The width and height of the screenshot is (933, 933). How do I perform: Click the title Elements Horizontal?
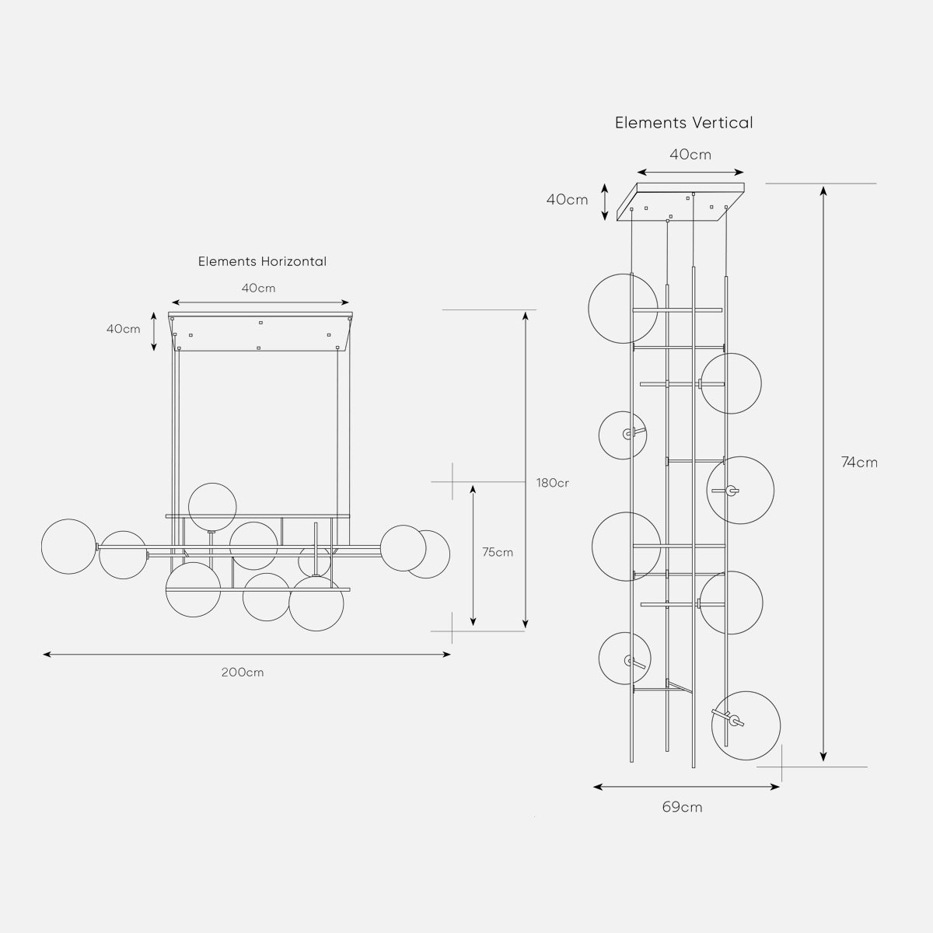[262, 261]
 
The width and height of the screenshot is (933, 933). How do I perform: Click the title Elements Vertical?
[683, 123]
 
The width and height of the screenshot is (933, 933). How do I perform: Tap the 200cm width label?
[242, 672]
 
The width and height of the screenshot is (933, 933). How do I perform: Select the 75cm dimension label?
[497, 553]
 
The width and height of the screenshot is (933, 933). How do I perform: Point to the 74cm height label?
[859, 462]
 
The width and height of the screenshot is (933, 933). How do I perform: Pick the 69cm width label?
[682, 807]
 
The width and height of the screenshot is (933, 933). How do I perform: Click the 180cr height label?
[552, 483]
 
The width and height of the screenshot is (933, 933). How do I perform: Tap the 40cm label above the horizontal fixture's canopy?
[258, 288]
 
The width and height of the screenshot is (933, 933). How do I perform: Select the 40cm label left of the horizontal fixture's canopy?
[123, 329]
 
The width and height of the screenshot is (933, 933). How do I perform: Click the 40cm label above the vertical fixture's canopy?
[690, 155]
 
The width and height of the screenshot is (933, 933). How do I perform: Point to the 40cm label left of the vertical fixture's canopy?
[567, 200]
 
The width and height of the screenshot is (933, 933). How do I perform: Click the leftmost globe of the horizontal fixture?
[68, 547]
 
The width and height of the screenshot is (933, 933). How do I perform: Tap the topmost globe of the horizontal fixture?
[212, 506]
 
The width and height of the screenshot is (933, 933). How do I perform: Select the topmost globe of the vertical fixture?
[621, 308]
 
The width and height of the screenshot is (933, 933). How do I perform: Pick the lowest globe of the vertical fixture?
[746, 725]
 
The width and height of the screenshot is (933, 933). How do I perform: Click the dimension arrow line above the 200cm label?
[246, 655]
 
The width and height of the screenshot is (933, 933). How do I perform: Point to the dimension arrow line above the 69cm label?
[686, 787]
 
